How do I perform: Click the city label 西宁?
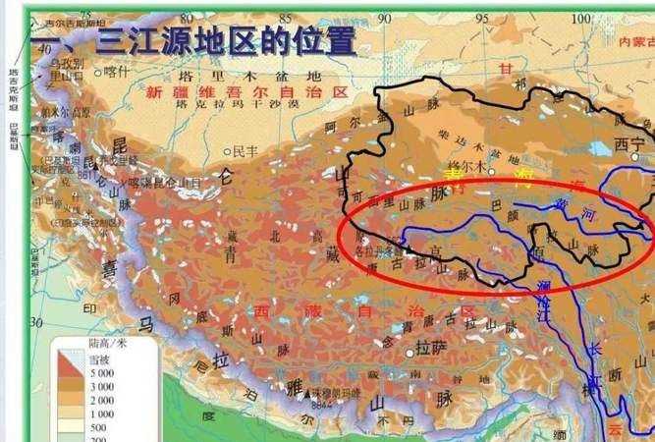[x=629, y=143]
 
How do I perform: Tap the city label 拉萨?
[x=430, y=349]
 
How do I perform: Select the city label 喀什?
[x=116, y=71]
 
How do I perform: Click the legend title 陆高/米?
[x=107, y=344]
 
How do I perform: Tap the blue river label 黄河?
[x=565, y=210]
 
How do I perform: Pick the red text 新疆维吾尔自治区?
[x=246, y=91]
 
